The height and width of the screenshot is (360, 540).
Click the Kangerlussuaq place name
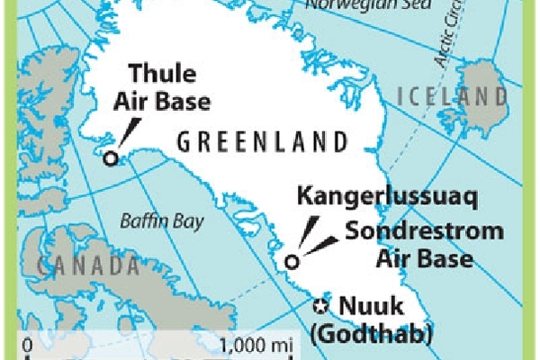pos(373,196)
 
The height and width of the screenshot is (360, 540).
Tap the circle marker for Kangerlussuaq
pos(291,262)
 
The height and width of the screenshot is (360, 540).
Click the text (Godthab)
pos(383,334)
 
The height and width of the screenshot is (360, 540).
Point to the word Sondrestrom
pos(424,232)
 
